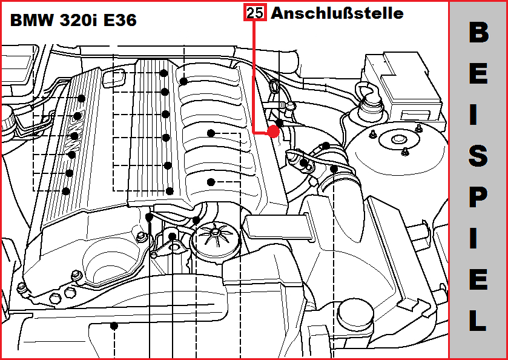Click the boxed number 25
(x=255, y=13)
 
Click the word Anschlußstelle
(x=337, y=13)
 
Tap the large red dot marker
(x=274, y=132)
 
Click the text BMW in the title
(x=31, y=21)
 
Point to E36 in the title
(x=120, y=21)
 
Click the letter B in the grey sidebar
(x=478, y=34)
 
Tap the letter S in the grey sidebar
(x=478, y=156)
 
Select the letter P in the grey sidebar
(x=478, y=197)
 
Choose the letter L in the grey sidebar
(x=478, y=321)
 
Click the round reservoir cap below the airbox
(x=355, y=313)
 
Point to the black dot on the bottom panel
(x=114, y=325)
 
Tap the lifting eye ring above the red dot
(x=274, y=86)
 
